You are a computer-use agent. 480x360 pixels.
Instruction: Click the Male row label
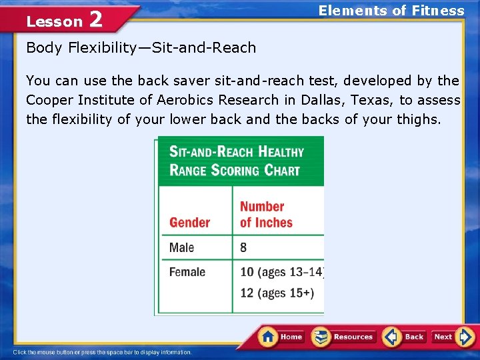click(181, 247)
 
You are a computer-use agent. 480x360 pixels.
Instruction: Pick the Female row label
click(187, 272)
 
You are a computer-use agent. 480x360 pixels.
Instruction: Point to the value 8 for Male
click(243, 247)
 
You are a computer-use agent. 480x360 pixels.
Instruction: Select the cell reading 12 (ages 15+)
click(277, 293)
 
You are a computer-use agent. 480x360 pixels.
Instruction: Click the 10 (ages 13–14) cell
click(281, 272)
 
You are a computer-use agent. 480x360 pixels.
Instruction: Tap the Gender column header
click(189, 223)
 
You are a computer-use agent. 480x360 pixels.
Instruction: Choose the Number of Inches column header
click(266, 215)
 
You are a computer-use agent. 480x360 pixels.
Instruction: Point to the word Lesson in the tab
click(54, 21)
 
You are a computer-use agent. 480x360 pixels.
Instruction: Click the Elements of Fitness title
click(391, 11)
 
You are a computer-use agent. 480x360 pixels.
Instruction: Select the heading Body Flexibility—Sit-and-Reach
click(141, 48)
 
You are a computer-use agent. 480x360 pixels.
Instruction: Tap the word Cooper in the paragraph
click(48, 101)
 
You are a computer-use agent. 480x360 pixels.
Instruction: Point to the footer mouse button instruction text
click(103, 352)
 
